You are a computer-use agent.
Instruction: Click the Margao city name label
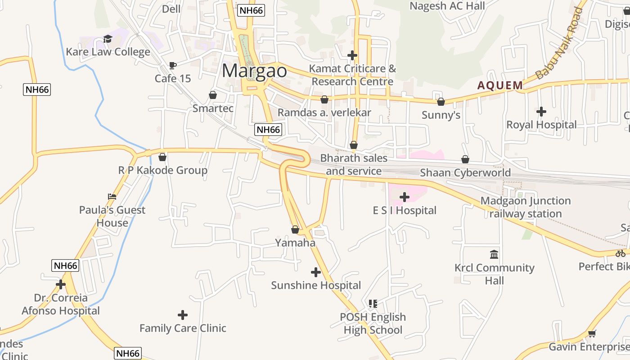[254, 71]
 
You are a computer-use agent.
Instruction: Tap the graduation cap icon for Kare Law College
[108, 39]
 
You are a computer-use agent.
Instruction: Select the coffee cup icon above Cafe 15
[172, 65]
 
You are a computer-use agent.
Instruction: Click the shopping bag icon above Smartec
[212, 95]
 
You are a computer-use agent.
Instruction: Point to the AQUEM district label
[500, 85]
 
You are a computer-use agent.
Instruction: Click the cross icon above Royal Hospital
[541, 111]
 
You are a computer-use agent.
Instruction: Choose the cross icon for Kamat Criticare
[352, 55]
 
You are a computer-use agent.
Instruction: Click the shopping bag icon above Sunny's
[441, 102]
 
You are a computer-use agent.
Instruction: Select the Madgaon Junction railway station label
[526, 207]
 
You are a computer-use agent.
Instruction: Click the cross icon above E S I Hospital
[404, 197]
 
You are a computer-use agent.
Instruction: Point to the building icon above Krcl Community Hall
[494, 254]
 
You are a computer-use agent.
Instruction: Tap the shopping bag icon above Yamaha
[295, 229]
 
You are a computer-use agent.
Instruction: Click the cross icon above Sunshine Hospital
[316, 272]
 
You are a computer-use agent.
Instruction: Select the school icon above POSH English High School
[373, 304]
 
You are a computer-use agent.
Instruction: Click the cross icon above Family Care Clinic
[182, 315]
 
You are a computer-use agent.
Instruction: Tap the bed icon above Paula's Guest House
[112, 197]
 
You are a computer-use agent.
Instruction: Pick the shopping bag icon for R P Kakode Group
[162, 157]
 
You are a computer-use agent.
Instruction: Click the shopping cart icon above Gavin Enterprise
[592, 333]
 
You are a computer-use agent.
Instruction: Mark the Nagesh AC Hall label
[447, 6]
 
